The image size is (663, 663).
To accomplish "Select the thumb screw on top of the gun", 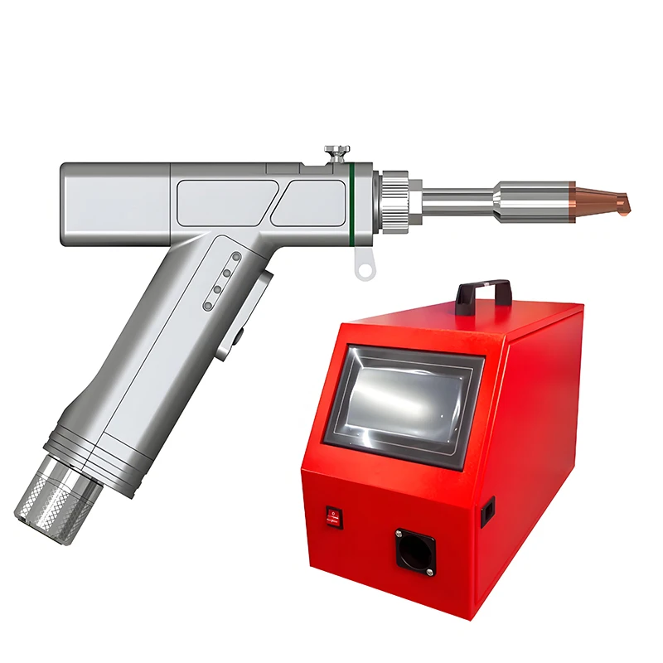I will (336, 152).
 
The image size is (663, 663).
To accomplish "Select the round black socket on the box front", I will (414, 548).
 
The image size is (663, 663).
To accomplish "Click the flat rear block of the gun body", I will (116, 202).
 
